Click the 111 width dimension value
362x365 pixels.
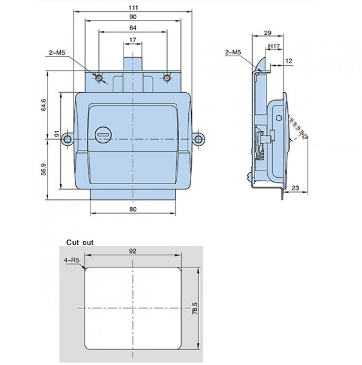pos(133,7)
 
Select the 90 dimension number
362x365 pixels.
pos(133,17)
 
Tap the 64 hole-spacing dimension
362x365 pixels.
pos(133,28)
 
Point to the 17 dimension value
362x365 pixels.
pos(132,40)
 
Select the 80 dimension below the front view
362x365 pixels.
pos(133,209)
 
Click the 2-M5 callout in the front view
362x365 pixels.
pos(57,53)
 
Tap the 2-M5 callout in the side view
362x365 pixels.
pos(233,52)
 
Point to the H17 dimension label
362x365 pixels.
pos(274,46)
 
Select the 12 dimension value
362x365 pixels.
pos(289,61)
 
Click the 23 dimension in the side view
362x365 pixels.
pos(295,188)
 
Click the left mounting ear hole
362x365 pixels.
pos(68,139)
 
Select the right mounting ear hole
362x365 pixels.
pos(199,139)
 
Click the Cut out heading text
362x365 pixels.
pos(80,242)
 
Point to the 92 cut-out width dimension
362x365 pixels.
pos(132,251)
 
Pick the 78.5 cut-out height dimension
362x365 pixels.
pos(195,308)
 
